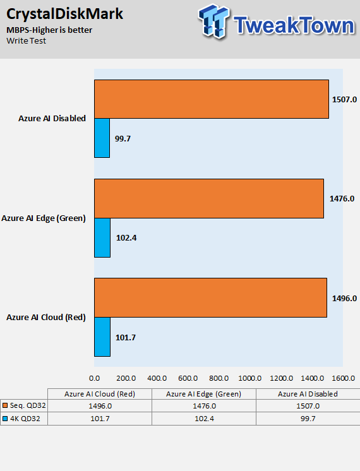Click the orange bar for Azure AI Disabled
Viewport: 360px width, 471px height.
coord(212,99)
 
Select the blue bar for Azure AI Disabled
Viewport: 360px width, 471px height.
coord(102,138)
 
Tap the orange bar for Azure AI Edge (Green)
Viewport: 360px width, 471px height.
coord(209,198)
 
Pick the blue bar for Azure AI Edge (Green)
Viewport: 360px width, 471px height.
coord(102,237)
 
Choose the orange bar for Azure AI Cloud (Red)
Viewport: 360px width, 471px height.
coord(211,297)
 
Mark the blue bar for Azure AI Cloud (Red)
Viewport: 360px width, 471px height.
coord(102,337)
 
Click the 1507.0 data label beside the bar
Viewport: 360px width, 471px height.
coord(344,99)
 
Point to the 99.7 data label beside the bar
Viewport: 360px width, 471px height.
coord(123,139)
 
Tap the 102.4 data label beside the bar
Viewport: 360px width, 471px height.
coord(126,238)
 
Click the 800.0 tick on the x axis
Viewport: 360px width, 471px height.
coord(219,378)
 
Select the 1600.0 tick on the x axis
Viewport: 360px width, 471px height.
coord(344,378)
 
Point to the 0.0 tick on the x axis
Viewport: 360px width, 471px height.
coord(94,378)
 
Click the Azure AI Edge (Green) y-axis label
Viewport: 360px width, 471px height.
coord(44,218)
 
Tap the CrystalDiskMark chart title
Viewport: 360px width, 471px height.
coord(64,14)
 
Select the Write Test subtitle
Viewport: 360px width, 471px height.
coord(26,41)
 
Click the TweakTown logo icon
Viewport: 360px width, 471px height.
coord(214,21)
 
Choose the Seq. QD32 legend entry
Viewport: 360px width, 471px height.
coord(24,405)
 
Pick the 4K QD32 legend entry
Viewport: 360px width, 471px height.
coord(21,419)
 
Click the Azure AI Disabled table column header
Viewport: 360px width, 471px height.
coord(308,394)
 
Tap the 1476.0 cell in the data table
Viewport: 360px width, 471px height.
coord(205,406)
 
